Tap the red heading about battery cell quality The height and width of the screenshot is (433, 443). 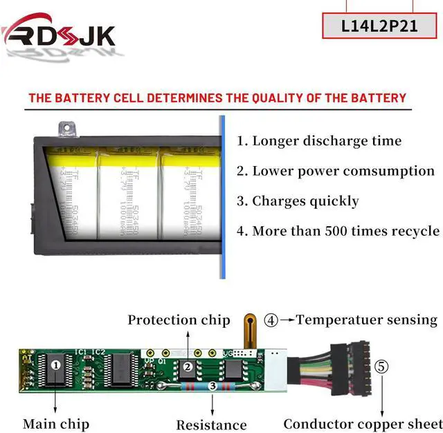click(x=217, y=98)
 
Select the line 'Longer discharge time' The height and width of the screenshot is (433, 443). click(x=318, y=141)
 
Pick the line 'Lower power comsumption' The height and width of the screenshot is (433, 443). click(x=336, y=171)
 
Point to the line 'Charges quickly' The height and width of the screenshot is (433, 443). click(x=298, y=201)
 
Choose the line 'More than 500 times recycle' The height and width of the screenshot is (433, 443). click(x=338, y=231)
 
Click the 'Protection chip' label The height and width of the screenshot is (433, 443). click(x=179, y=320)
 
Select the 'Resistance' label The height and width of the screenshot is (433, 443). click(x=211, y=425)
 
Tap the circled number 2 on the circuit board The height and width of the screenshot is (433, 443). click(x=188, y=367)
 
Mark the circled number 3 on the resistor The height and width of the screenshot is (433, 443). click(x=213, y=385)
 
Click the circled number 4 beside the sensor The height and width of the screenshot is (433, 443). click(x=271, y=320)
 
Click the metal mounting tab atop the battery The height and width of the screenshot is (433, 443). click(x=66, y=129)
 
